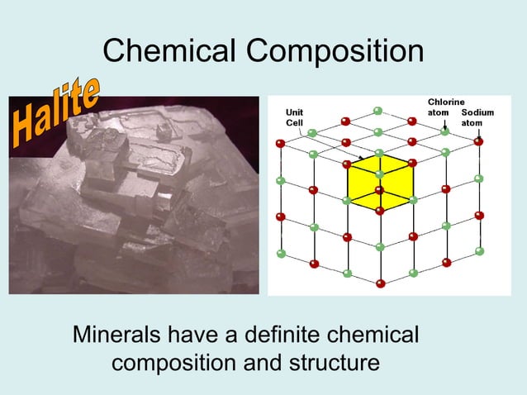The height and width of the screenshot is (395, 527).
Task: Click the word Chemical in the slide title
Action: [x=169, y=52]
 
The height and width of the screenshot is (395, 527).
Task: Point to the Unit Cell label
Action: [x=293, y=117]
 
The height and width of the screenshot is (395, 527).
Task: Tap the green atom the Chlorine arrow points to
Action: [x=445, y=131]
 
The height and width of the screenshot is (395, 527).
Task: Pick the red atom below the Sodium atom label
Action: [x=478, y=142]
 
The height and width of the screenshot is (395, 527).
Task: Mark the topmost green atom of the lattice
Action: [x=378, y=110]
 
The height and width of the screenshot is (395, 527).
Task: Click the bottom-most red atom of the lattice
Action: [x=380, y=283]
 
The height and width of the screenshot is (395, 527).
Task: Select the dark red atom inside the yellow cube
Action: [x=379, y=190]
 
